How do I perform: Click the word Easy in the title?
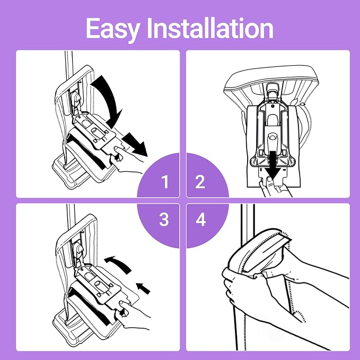(113, 29)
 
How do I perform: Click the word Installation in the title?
(210, 28)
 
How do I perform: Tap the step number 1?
(165, 182)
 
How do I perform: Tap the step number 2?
(200, 182)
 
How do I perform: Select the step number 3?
(164, 219)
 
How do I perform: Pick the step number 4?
(200, 219)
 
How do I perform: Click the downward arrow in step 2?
(273, 166)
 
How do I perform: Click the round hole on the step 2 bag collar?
(273, 137)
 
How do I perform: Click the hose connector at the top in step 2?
(273, 91)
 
